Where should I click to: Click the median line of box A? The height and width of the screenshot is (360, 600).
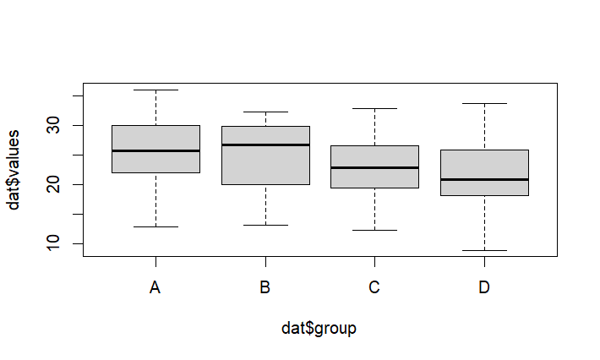tap(155, 150)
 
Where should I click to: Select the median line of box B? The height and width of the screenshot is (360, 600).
tap(265, 145)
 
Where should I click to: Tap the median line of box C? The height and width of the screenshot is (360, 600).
tap(374, 167)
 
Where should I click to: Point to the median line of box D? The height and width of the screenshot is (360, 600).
tap(484, 179)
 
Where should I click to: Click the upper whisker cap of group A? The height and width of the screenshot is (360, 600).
tap(155, 90)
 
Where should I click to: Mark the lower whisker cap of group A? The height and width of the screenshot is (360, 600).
tap(155, 226)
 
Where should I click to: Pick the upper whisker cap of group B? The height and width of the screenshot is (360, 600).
tap(265, 112)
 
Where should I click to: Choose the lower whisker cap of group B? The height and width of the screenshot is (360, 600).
tap(265, 225)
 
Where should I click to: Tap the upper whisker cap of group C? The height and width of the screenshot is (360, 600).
tap(374, 108)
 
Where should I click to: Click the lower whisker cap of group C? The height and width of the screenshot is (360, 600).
tap(374, 230)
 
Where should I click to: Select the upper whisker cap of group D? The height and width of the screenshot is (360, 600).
tap(484, 103)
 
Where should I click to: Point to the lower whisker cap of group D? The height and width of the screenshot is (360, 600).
tap(484, 250)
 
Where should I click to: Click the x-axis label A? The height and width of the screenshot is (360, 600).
tap(155, 288)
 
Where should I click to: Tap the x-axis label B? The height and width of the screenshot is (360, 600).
tap(265, 288)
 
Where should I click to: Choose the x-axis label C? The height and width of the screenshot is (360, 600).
tap(374, 288)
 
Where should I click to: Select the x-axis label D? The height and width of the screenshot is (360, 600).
tap(484, 288)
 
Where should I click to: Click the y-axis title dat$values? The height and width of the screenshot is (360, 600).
tap(14, 169)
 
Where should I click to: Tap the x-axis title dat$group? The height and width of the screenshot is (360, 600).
tap(319, 328)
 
